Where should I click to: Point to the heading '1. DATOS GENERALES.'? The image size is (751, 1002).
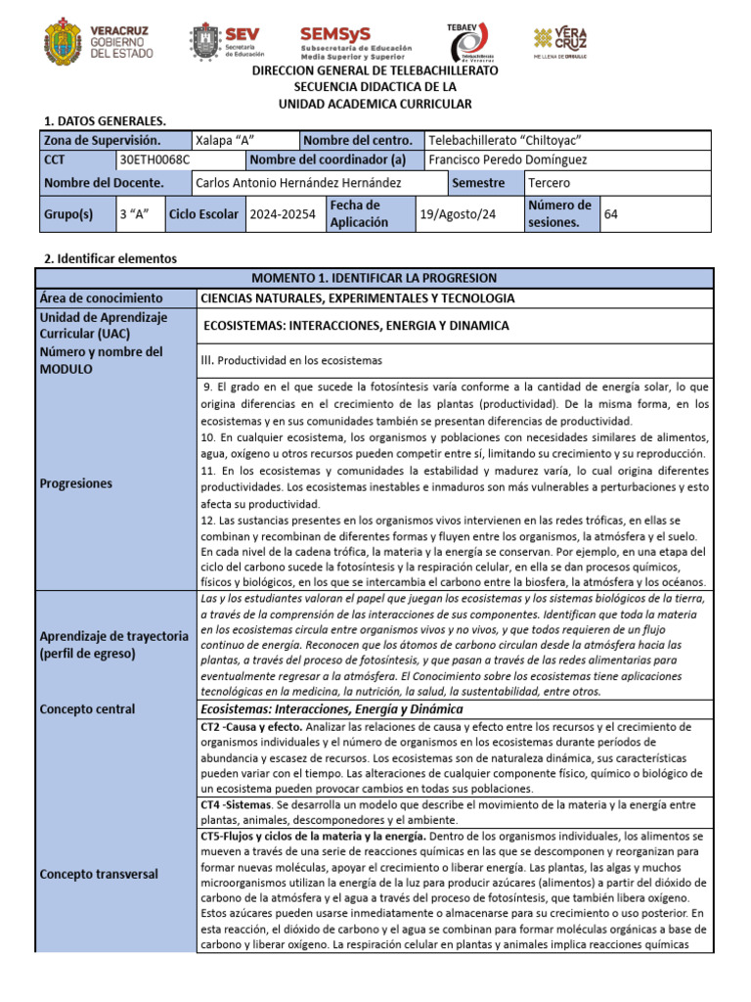[106, 120]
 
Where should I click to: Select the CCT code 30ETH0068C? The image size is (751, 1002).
[154, 159]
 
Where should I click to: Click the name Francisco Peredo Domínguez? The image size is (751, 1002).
[508, 159]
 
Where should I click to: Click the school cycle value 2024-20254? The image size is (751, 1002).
[283, 213]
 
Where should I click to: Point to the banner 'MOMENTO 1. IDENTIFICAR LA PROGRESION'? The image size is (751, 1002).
[375, 278]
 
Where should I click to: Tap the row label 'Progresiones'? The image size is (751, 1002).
[76, 483]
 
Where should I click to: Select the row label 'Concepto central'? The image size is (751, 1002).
[87, 709]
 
